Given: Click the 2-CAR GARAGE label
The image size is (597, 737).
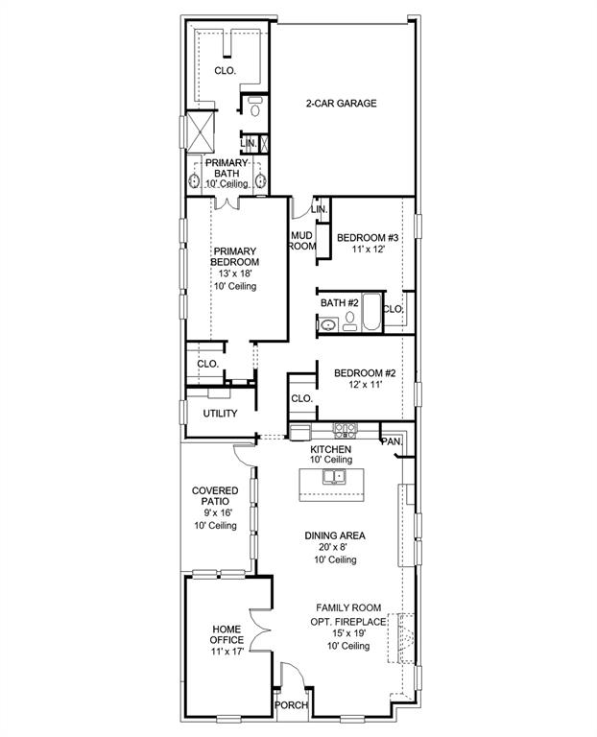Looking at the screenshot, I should coord(341,104).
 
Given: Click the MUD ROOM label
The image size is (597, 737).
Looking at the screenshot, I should coord(302,240).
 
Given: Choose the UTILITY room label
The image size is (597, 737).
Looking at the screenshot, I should coord(220,414).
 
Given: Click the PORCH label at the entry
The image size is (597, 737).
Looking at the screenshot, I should coord(291,705).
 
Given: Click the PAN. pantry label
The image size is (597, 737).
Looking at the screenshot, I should coord(391,441).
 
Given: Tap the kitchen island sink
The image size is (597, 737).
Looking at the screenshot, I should coord(333,476).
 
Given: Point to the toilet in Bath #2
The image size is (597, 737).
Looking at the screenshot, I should coord(349,318).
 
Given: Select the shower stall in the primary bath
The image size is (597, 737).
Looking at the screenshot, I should coord(202,131).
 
